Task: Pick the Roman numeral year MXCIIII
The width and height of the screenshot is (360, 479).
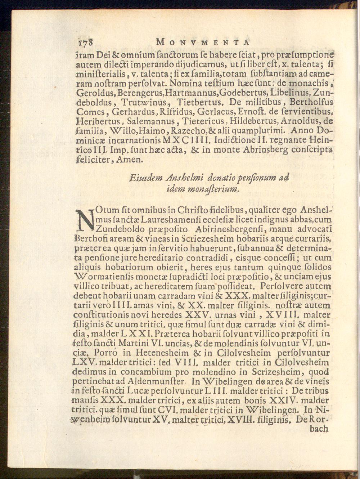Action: pyautogui.click(x=185, y=139)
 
